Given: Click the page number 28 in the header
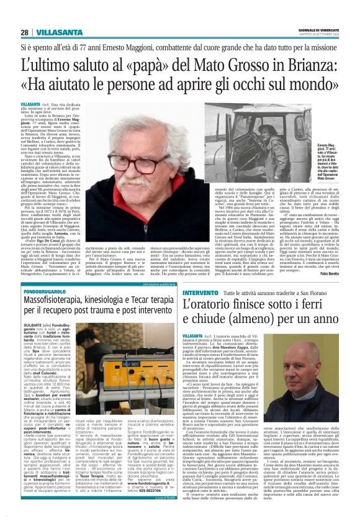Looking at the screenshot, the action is point(25,32).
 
